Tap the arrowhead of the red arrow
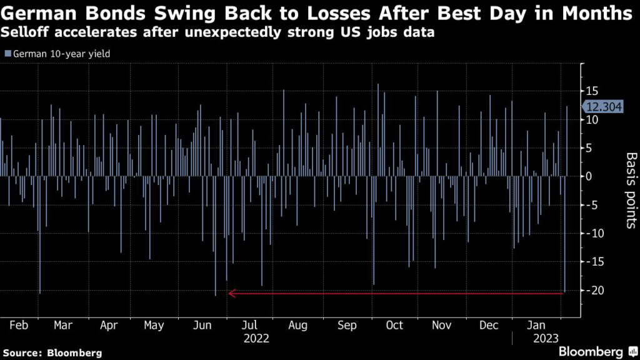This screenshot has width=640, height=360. [x=232, y=292]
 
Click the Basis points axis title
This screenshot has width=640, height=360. [x=631, y=190]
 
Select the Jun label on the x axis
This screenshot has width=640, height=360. [x=202, y=325]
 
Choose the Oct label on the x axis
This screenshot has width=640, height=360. [x=394, y=325]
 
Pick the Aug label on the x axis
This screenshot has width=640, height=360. [x=297, y=325]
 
